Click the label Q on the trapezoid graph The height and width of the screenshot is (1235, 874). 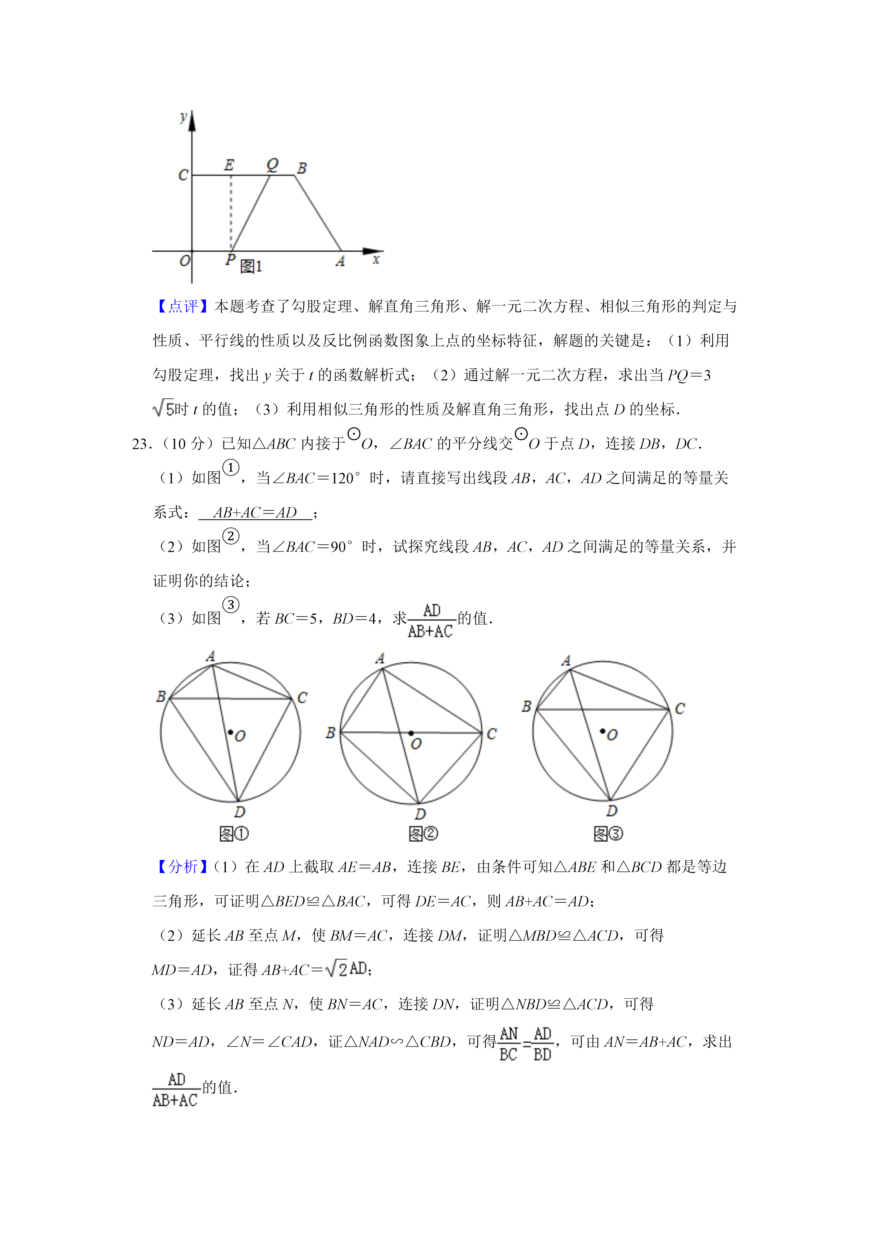pyautogui.click(x=272, y=164)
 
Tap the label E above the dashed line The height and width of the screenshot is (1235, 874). pyautogui.click(x=229, y=165)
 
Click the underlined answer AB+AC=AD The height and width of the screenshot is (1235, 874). pyautogui.click(x=255, y=513)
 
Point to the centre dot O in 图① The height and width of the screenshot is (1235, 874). pyautogui.click(x=230, y=732)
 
